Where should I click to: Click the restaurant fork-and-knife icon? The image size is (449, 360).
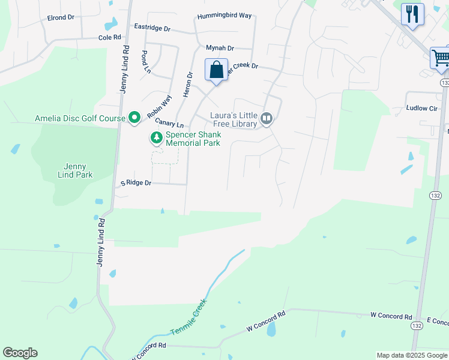[412, 14]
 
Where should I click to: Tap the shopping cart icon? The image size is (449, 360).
[441, 58]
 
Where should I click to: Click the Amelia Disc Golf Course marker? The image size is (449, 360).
[135, 118]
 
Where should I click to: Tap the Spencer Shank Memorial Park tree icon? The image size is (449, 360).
[157, 138]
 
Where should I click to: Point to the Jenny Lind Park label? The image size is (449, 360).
[76, 170]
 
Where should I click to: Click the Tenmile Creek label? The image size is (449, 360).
[189, 317]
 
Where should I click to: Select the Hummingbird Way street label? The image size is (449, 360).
[224, 16]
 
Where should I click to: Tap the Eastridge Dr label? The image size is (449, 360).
[152, 28]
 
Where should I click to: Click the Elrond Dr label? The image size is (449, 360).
[60, 17]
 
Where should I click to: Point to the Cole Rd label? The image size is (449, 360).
[110, 37]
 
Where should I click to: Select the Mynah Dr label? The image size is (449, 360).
[220, 47]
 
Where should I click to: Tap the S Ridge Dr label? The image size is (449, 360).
[136, 182]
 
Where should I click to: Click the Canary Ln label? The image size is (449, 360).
[169, 123]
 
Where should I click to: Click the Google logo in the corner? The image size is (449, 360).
[20, 353]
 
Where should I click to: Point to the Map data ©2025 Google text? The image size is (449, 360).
[412, 355]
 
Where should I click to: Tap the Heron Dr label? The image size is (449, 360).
[188, 85]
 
